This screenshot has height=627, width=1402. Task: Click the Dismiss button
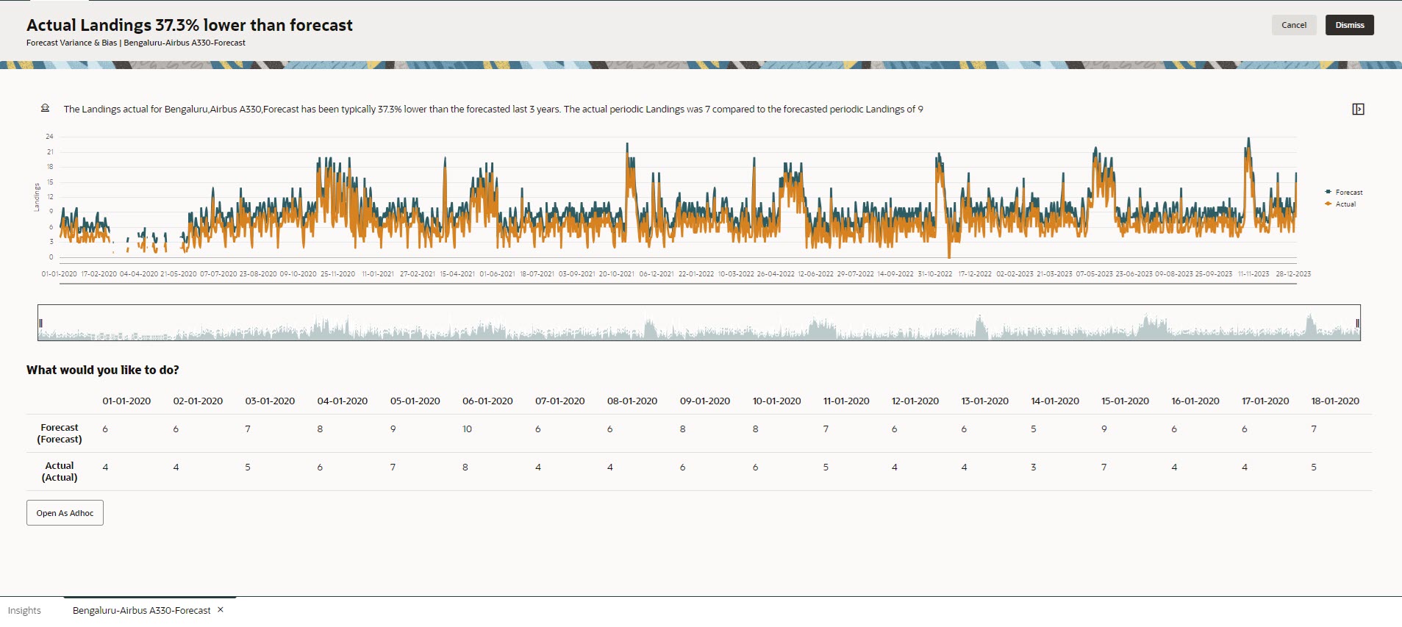click(1349, 25)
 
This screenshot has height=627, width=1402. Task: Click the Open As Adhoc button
click(65, 513)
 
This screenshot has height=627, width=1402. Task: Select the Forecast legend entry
click(1348, 193)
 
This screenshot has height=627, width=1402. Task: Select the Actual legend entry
click(1345, 204)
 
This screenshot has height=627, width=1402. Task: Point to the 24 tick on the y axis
click(49, 137)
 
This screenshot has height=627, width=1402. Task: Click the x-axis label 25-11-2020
click(337, 274)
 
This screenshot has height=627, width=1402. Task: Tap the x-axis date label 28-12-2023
click(1292, 274)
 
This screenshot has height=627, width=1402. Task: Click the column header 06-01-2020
click(487, 401)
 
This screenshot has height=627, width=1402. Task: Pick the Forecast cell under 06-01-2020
click(467, 429)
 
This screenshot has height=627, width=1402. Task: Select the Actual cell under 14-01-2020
click(1033, 467)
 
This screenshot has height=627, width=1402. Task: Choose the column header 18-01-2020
click(1334, 401)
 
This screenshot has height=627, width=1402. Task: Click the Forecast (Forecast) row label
click(60, 434)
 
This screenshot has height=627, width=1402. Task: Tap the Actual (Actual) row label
click(60, 472)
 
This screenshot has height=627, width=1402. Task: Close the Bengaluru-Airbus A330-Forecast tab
click(221, 610)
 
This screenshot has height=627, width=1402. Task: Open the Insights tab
click(24, 611)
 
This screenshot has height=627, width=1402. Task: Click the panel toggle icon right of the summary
click(1358, 110)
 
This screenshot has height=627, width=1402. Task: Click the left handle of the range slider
click(41, 323)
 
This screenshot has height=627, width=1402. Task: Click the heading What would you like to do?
click(103, 370)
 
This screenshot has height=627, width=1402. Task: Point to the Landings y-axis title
click(37, 197)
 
